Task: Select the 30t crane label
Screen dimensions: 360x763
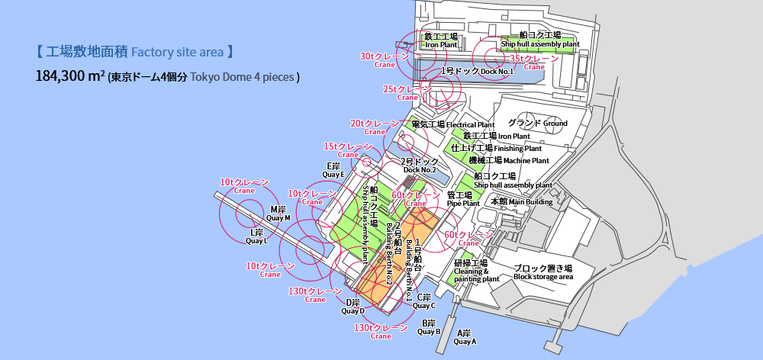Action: pos(385,59)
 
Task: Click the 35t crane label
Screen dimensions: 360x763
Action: pos(534,62)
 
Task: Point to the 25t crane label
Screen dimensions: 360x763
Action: pos(407,93)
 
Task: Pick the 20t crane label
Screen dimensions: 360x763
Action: pos(375,127)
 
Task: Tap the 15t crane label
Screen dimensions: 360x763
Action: pos(348,149)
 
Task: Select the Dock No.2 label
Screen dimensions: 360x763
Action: pos(420,165)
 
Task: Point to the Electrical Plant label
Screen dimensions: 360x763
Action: pos(452,124)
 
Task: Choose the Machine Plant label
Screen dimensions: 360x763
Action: pos(508,160)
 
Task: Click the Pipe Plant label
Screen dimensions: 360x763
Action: pos(463,199)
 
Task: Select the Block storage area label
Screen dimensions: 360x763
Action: pos(542,272)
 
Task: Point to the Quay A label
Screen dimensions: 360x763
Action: pos(464,337)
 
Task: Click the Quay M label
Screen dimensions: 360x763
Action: pos(278,213)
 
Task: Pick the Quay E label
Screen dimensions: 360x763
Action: pos(333,170)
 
